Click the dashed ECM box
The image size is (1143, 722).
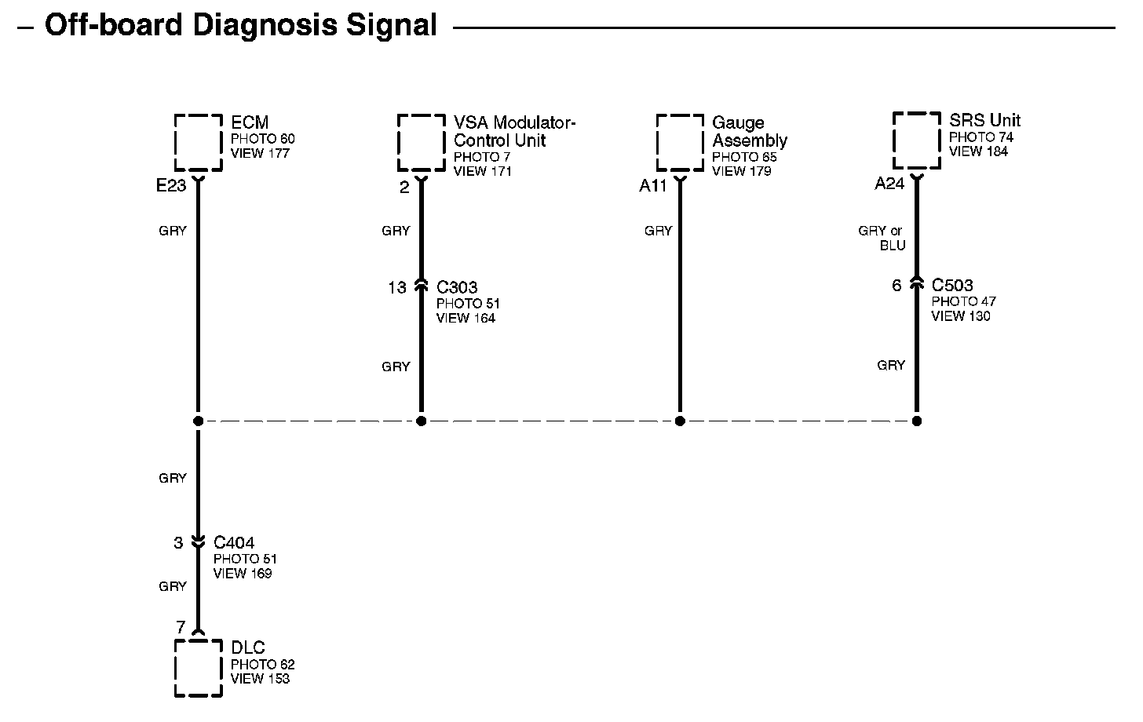coord(198,142)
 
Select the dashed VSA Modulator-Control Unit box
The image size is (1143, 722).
coord(421,142)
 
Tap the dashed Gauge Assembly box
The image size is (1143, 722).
coord(680,142)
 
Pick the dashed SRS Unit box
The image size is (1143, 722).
coord(917,140)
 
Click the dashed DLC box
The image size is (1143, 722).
coord(198,669)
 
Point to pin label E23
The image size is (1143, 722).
coord(171,186)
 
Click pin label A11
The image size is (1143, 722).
coord(653,186)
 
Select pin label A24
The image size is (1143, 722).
coord(890,184)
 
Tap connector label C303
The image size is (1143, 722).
coord(457,287)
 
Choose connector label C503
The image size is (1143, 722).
coord(952,285)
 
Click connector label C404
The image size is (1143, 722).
coord(234,542)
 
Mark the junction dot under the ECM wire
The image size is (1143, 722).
coord(198,421)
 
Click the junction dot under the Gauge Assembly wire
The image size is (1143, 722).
coord(680,421)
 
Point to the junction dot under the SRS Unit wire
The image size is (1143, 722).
coord(917,421)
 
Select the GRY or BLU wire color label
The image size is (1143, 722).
coord(882,238)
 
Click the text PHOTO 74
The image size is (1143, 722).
coord(980,137)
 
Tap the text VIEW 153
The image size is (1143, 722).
coord(260,679)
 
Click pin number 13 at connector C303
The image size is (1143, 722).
coord(397,288)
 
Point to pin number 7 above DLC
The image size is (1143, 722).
coord(181,627)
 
